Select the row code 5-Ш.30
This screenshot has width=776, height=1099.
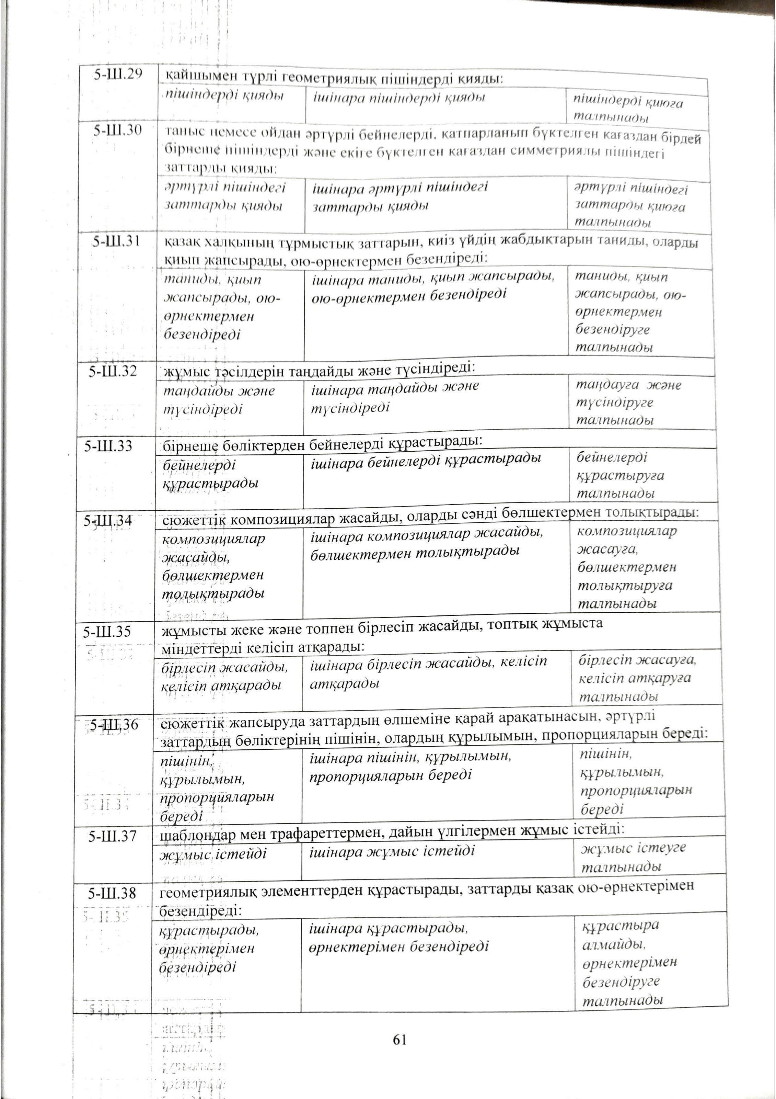pyautogui.click(x=118, y=130)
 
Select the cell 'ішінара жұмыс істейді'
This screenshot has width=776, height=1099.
pyautogui.click(x=392, y=851)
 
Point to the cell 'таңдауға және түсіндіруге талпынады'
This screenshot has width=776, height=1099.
pyautogui.click(x=628, y=403)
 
